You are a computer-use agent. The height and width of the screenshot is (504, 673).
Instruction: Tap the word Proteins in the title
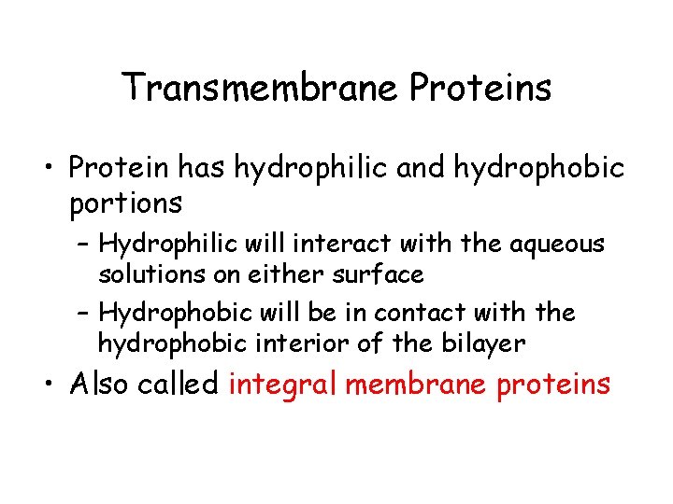[480, 89]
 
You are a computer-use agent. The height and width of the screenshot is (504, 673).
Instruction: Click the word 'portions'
[125, 203]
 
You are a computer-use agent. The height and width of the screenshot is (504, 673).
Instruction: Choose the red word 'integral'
[285, 385]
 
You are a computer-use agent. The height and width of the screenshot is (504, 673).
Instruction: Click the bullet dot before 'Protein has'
[52, 171]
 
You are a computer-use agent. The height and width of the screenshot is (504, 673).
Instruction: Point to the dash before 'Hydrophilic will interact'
[82, 246]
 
